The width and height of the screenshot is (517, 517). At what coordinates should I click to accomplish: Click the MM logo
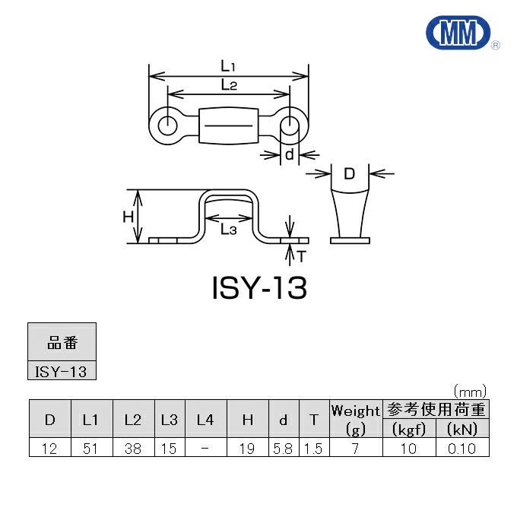[458, 33]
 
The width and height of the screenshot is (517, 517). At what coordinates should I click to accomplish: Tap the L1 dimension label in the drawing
[228, 66]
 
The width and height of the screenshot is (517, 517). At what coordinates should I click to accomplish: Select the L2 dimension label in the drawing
[229, 84]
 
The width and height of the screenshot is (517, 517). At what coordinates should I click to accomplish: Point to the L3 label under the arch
[229, 229]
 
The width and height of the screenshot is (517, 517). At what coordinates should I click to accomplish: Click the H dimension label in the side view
[128, 217]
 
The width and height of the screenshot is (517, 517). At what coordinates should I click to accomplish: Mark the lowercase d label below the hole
[289, 154]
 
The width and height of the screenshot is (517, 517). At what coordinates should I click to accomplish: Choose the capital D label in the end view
[349, 173]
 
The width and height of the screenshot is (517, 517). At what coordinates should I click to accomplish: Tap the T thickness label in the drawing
[302, 256]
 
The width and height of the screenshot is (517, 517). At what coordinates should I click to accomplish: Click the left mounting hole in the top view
[168, 125]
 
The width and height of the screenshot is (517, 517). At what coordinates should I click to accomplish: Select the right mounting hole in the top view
[290, 125]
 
